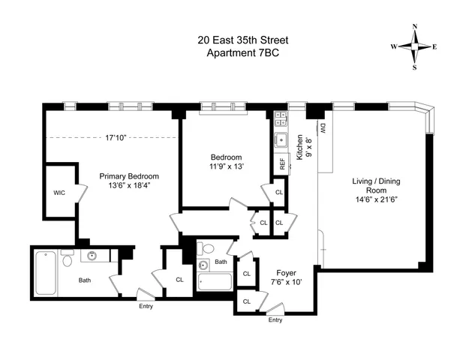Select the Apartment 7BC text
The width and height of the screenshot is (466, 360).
pyautogui.click(x=237, y=53)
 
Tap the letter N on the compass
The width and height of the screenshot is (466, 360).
pyautogui.click(x=414, y=27)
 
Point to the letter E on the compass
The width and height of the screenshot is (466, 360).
pyautogui.click(x=434, y=46)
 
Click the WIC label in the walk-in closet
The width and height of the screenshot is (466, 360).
pyautogui.click(x=59, y=192)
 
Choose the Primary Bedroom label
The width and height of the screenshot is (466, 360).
pyautogui.click(x=129, y=176)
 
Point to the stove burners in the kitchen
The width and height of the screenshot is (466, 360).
pyautogui.click(x=281, y=118)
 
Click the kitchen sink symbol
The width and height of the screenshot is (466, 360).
pyautogui.click(x=281, y=139)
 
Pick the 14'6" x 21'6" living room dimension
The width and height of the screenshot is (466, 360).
pyautogui.click(x=374, y=199)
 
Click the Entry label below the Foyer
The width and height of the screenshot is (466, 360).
pyautogui.click(x=275, y=320)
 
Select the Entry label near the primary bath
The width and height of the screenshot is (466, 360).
pyautogui.click(x=146, y=304)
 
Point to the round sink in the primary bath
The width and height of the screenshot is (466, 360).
pyautogui.click(x=92, y=256)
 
